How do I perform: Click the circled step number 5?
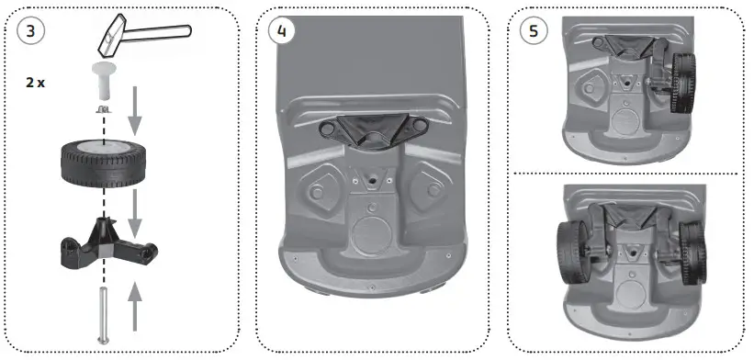[x=530, y=30]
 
